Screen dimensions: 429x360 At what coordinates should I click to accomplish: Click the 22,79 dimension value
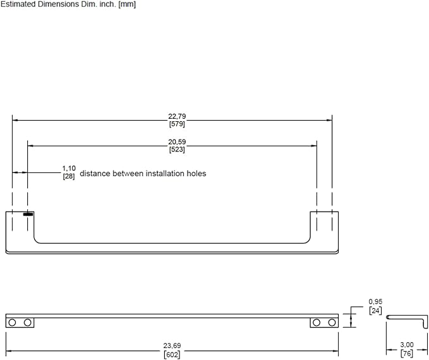point(177,116)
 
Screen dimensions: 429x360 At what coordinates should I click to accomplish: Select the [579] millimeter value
point(177,124)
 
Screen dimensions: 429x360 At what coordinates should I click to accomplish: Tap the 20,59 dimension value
point(177,141)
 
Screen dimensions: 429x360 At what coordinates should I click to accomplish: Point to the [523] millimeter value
point(177,149)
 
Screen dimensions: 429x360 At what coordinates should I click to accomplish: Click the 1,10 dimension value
point(69,168)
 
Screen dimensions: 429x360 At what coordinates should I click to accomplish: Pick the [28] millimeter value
point(69,176)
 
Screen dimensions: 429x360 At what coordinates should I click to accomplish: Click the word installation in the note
point(165,174)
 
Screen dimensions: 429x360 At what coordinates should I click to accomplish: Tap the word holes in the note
point(196,174)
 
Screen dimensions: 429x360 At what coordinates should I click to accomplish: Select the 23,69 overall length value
point(172,345)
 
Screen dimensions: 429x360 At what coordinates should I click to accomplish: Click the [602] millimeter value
point(172,354)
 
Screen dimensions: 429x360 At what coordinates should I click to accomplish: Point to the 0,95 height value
point(375,302)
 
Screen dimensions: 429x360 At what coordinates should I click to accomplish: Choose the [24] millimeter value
point(375,311)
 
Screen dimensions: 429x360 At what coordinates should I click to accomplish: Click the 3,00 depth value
point(407,345)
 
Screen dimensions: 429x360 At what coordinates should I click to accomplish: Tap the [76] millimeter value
point(407,354)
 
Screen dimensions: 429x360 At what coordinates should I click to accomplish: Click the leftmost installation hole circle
point(12,323)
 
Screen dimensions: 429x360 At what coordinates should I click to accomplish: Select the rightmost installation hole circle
point(332,323)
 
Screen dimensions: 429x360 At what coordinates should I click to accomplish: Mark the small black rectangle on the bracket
point(28,214)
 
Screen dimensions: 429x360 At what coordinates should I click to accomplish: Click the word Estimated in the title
point(18,4)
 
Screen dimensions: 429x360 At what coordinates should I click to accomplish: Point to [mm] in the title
point(127,4)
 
